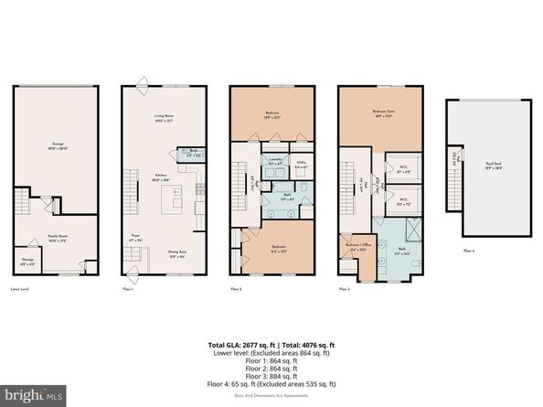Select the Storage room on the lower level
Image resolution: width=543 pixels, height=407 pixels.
[27, 261]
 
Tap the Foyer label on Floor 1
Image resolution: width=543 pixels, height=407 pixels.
[139, 240]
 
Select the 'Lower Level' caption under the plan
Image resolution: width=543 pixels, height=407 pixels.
[20, 288]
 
